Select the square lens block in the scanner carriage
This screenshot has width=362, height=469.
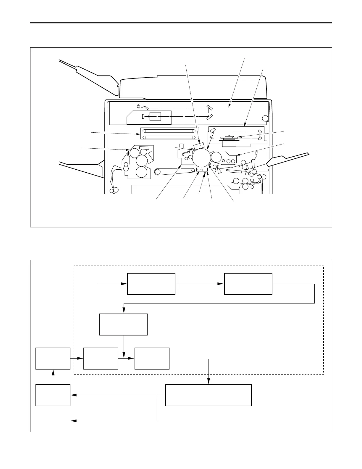[x=155, y=116]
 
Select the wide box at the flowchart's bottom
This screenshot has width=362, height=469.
[x=208, y=395]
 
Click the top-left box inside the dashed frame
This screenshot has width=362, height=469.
[x=151, y=284]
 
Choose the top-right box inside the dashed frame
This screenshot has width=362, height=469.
[x=248, y=284]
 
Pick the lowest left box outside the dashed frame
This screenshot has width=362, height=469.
[x=53, y=395]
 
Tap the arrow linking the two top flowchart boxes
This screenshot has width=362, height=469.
[x=200, y=284]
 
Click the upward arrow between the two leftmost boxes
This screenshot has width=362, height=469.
[x=53, y=377]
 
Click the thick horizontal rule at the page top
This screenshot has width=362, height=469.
[x=181, y=23]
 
